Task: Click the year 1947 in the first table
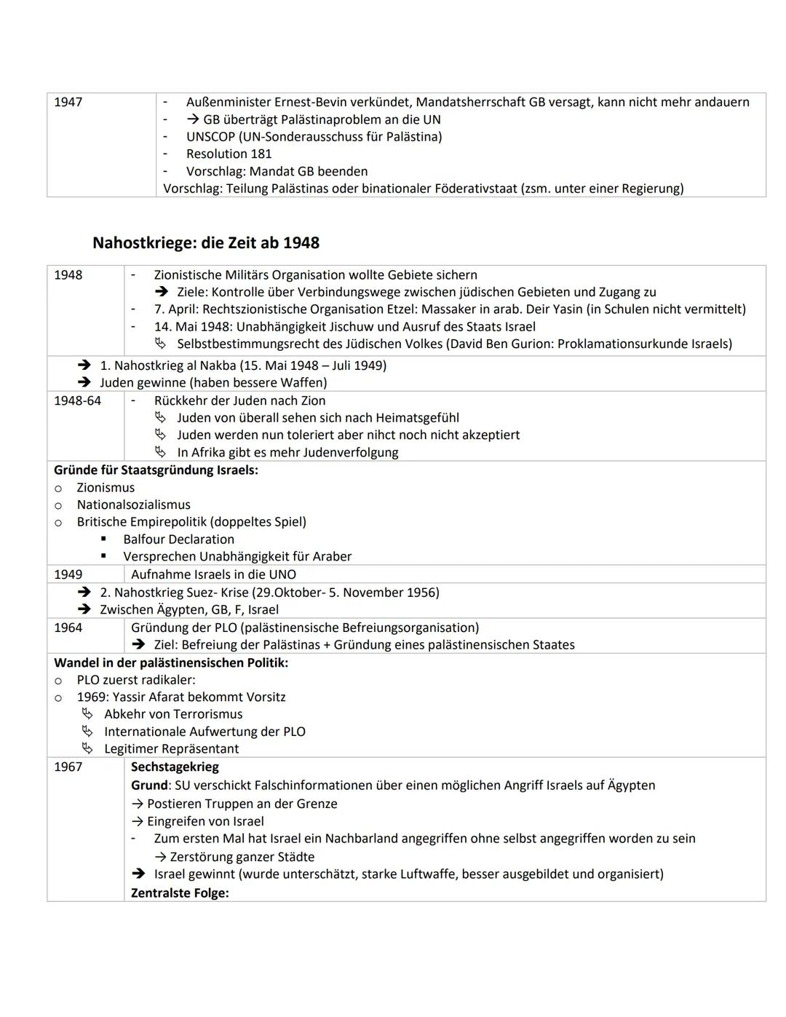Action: [68, 102]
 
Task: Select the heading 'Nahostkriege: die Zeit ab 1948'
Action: [206, 242]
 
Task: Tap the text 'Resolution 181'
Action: [229, 154]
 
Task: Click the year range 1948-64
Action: [77, 400]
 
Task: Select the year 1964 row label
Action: [68, 628]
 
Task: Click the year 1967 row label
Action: [68, 767]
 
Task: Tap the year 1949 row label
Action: [68, 574]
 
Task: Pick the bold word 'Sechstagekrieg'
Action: [175, 767]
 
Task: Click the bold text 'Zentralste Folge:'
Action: [180, 893]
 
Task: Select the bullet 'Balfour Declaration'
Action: [178, 539]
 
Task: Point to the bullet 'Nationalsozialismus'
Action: [133, 504]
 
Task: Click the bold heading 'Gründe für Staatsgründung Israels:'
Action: [156, 470]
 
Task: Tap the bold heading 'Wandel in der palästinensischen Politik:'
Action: [171, 662]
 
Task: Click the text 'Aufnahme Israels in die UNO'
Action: [213, 574]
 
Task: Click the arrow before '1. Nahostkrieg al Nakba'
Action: [84, 365]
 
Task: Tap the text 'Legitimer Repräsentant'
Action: [171, 748]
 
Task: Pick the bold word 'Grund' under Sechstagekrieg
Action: [150, 785]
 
